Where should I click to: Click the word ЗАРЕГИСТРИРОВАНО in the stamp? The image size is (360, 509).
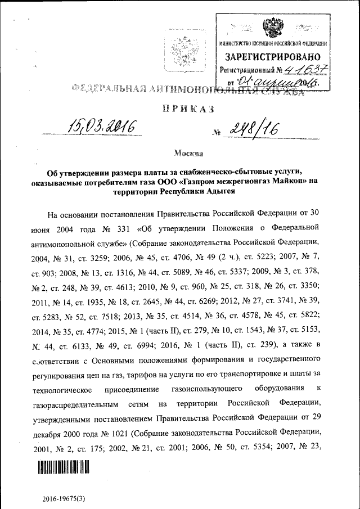tap(273, 57)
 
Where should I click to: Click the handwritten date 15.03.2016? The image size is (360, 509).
tap(102, 127)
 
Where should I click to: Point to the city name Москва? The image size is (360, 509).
tap(186, 152)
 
